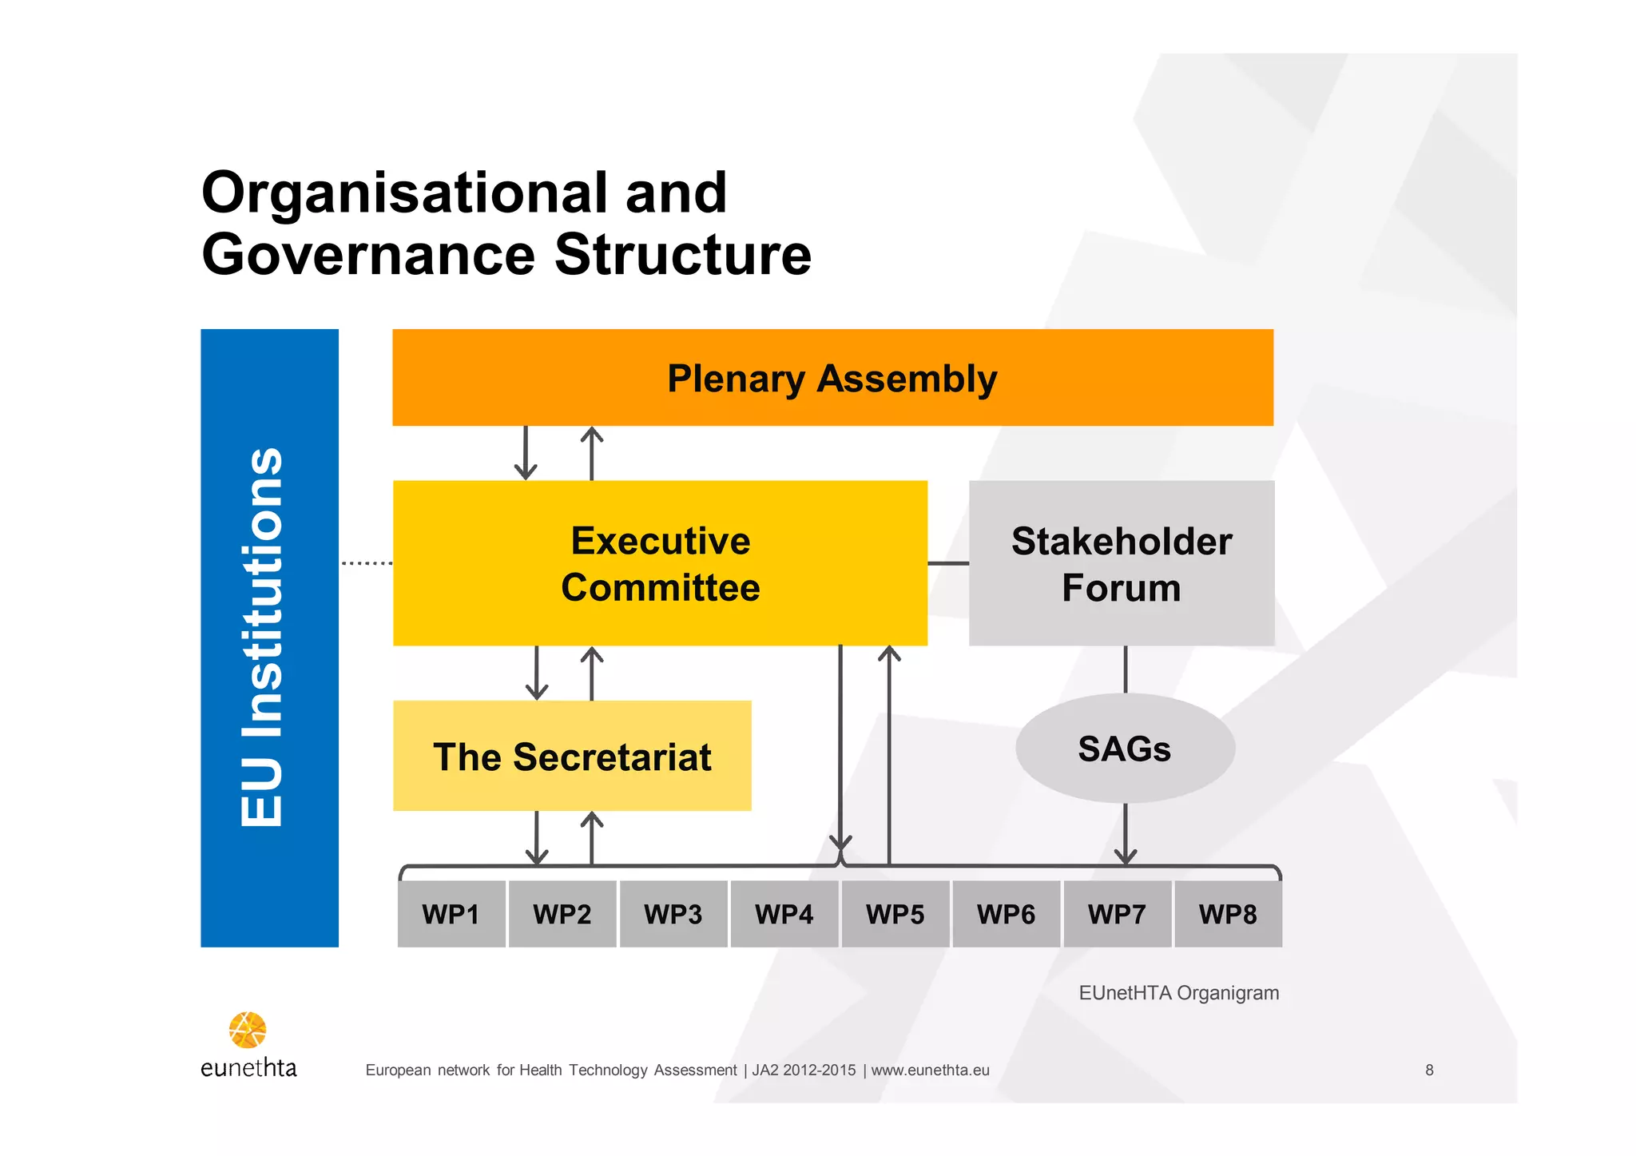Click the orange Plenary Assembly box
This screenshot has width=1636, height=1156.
pos(832,377)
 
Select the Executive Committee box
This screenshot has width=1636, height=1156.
pos(660,563)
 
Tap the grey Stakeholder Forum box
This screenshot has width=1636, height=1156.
pos(1121,563)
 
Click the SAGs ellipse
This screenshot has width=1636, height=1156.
pos(1125,749)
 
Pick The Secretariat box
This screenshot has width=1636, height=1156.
pos(572,756)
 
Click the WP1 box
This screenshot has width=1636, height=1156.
pos(451,914)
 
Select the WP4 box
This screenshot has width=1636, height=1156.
pos(784,914)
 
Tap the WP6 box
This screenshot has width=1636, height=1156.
pos(1006,914)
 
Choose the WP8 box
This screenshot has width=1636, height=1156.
pos(1228,914)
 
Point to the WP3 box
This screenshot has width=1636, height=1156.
pos(673,914)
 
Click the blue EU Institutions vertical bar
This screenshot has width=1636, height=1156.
pos(269,638)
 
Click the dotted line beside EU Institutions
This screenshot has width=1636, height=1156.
pos(367,563)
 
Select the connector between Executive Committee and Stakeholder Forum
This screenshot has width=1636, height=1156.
pos(948,563)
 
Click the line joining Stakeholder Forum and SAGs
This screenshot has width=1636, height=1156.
pos(1126,669)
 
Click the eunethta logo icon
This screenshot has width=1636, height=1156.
pos(248,1030)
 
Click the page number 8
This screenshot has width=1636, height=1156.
pos(1429,1070)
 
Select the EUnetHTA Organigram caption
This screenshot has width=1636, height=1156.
pos(1178,993)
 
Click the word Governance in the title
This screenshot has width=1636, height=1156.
pos(368,255)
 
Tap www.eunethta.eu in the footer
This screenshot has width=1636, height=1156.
pos(930,1070)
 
